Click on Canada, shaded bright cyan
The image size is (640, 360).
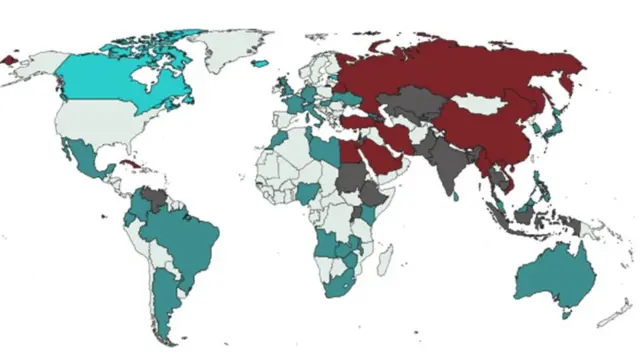(x=110, y=80)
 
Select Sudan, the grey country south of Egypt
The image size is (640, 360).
(x=352, y=181)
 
